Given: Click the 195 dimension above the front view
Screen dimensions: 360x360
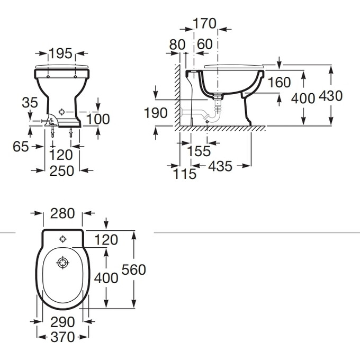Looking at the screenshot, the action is tap(60, 53).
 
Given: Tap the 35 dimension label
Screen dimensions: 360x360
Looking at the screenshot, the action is tap(30, 102).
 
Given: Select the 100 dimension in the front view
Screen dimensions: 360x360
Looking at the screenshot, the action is tap(98, 119).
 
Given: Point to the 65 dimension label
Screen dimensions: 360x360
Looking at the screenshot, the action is tap(21, 147).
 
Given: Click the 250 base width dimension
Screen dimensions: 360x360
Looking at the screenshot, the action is tap(62, 171).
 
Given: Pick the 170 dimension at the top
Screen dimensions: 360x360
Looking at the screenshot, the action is tap(204, 23).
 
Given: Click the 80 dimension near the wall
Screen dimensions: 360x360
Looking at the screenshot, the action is tap(177, 44).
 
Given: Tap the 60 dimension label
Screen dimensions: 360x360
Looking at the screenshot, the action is tap(205, 44).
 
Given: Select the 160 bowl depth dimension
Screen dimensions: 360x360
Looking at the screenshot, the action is tap(279, 82).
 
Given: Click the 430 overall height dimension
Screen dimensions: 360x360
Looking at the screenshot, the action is tap(330, 96).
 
